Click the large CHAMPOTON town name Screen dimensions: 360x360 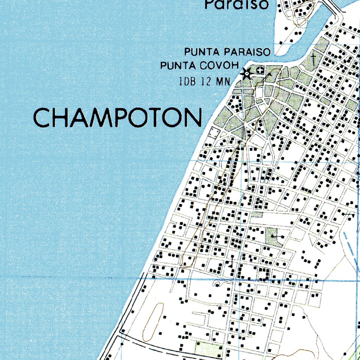pyautogui.click(x=118, y=117)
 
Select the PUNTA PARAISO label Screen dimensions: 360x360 pyautogui.click(x=228, y=52)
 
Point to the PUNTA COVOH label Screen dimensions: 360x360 pyautogui.click(x=200, y=66)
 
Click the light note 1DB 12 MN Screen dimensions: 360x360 pyautogui.click(x=204, y=82)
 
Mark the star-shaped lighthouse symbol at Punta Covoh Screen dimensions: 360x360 pyautogui.click(x=246, y=73)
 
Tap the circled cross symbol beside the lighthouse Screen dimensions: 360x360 pyautogui.click(x=260, y=71)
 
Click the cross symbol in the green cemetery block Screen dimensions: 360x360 pyautogui.click(x=313, y=58)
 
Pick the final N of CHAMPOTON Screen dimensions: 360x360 pyautogui.click(x=194, y=118)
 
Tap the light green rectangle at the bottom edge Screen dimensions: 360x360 pyautogui.click(x=209, y=349)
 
